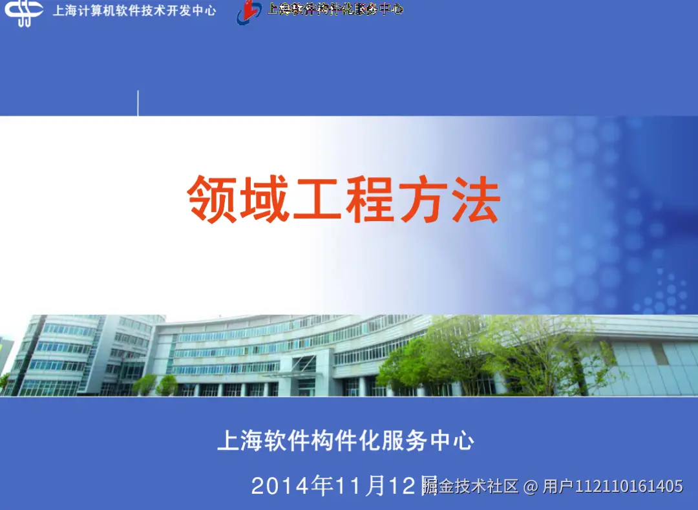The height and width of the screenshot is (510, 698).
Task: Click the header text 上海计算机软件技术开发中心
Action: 134,11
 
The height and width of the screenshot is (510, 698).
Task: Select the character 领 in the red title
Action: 211,199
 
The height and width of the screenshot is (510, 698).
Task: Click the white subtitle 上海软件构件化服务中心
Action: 346,441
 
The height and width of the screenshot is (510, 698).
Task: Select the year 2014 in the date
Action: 280,486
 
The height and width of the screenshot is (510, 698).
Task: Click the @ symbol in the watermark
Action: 531,486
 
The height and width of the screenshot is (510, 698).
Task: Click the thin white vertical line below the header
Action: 138,103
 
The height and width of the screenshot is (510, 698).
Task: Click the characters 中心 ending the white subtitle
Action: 452,441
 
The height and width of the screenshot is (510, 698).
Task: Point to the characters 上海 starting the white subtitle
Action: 239,441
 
